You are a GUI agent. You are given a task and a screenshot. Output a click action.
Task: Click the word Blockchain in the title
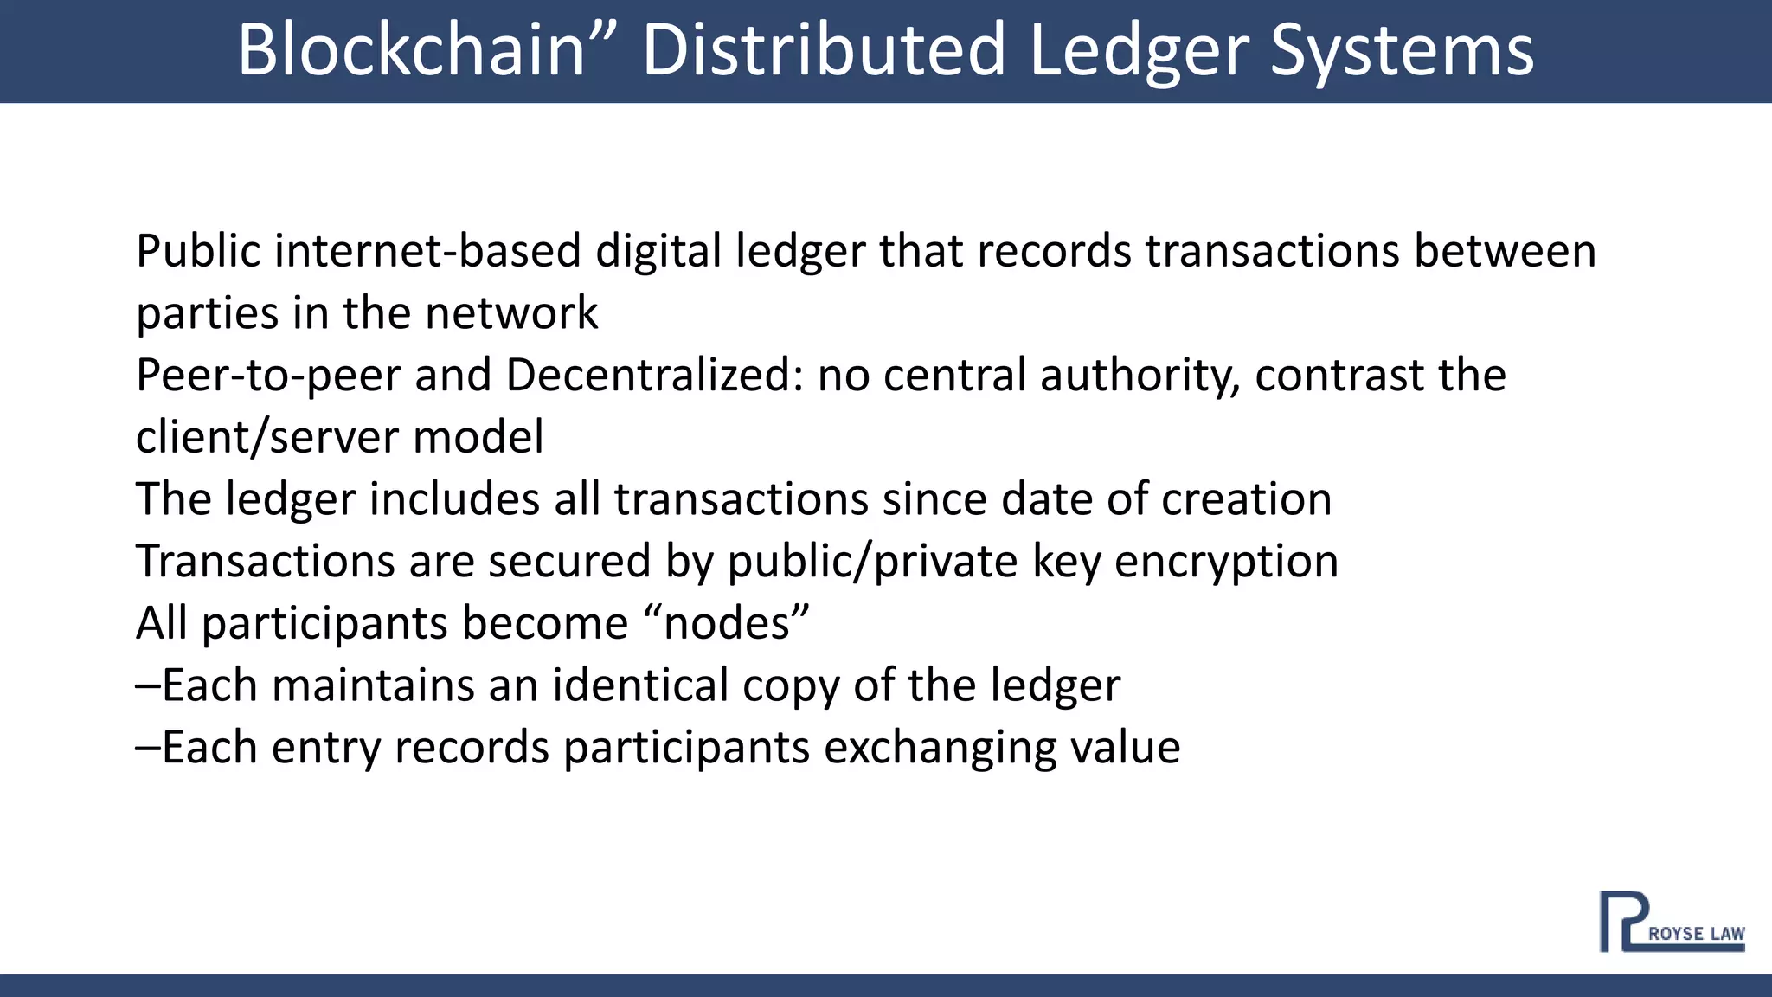point(412,50)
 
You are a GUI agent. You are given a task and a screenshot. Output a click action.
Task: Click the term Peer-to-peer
point(268,376)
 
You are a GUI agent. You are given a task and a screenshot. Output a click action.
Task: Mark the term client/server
point(267,437)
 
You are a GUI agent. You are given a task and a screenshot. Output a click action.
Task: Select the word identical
point(641,685)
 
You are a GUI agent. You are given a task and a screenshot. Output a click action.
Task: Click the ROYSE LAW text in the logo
point(1696,934)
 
